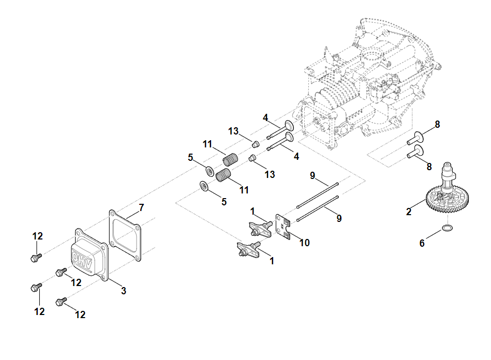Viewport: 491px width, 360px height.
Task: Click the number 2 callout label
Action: click(x=409, y=211)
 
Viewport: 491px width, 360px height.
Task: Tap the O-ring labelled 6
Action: click(x=448, y=228)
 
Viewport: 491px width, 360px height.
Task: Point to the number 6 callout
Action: click(x=422, y=243)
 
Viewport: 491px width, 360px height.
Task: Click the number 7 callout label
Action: click(x=141, y=207)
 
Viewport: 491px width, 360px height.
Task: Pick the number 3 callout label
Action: click(x=123, y=291)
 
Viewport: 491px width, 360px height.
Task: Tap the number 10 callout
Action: click(x=305, y=242)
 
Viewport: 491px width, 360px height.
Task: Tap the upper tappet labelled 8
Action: click(x=416, y=137)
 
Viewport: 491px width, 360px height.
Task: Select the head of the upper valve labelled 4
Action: click(x=288, y=125)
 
